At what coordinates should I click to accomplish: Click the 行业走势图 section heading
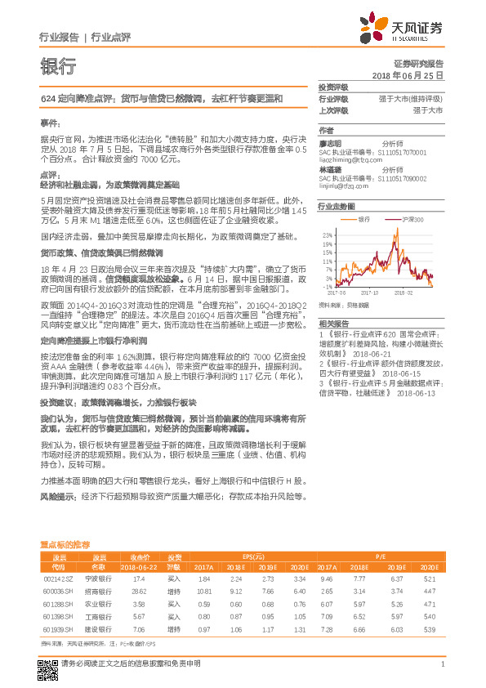336,208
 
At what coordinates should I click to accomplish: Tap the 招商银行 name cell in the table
98,590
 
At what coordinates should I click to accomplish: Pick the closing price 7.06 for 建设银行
138,631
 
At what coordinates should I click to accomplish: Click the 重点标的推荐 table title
65,543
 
